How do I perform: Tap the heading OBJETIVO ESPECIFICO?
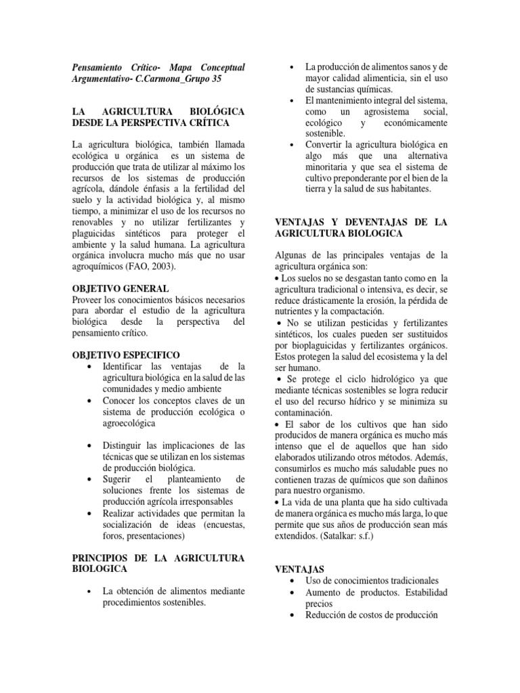click(125, 354)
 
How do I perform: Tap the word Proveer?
click(88, 299)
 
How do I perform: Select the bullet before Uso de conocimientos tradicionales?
click(292, 581)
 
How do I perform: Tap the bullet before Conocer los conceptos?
click(90, 401)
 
